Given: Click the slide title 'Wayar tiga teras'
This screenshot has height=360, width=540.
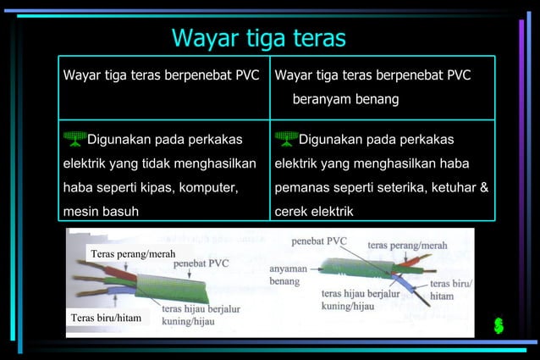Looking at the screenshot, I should [258, 38].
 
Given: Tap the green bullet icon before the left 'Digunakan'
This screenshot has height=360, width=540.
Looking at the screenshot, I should [74, 138].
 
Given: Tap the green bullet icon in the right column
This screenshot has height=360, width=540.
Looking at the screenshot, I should [286, 138].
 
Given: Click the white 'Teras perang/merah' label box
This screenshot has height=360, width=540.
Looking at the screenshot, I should [132, 253].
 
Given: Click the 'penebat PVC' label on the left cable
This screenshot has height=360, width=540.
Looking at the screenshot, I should [201, 263].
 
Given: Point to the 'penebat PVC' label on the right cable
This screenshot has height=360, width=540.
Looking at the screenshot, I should [319, 241].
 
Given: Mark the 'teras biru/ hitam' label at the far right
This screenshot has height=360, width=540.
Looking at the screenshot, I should [452, 290].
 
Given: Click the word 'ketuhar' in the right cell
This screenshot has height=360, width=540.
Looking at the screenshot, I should [455, 186].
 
